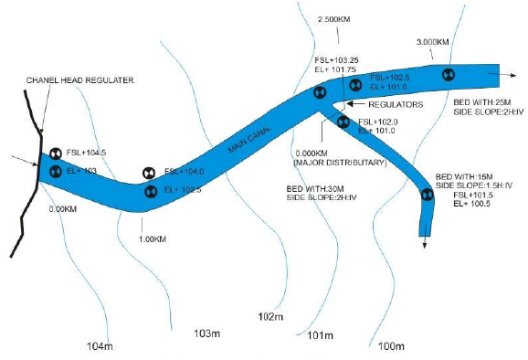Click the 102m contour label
[x=271, y=317]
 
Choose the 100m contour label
[x=391, y=345]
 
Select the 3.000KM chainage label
[x=432, y=42]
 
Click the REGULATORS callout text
[x=397, y=105]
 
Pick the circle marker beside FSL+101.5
[x=426, y=193]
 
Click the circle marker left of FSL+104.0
[x=148, y=173]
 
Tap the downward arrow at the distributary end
[x=424, y=239]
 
